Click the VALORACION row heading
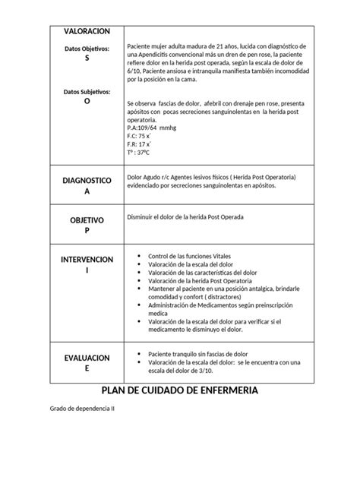tap(86, 30)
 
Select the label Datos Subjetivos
tap(86, 92)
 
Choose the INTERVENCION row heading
tap(86, 260)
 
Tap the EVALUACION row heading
tap(86, 357)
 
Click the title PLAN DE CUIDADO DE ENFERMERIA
tap(179, 390)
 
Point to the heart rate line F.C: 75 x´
tap(140, 136)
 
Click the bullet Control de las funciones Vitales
tap(190, 255)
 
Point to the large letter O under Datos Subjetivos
tap(86, 100)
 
